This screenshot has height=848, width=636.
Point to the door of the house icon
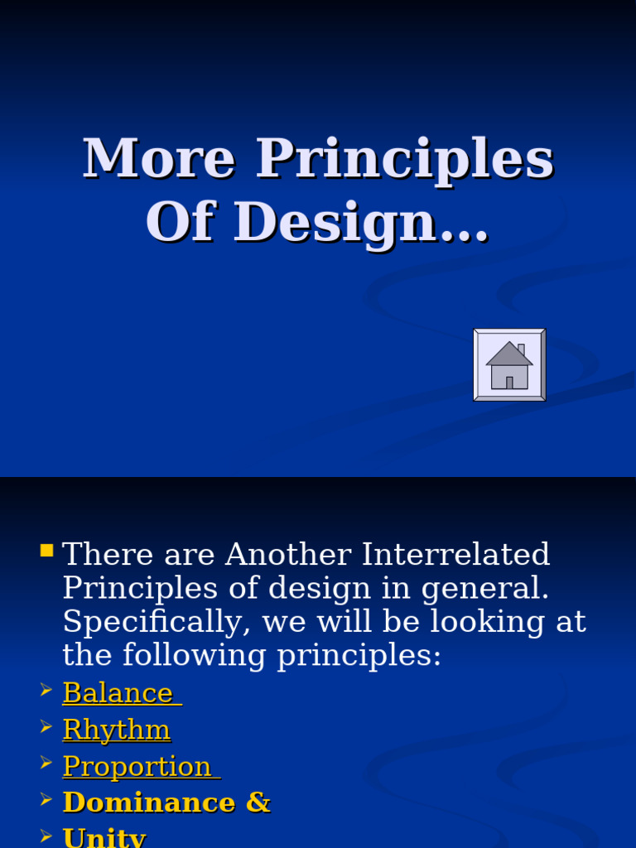(509, 383)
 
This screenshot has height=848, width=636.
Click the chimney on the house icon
(521, 349)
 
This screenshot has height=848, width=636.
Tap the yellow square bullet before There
(46, 551)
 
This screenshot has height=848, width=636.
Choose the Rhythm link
(117, 730)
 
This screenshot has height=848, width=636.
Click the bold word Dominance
(149, 802)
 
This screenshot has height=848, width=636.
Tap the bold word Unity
(104, 836)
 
